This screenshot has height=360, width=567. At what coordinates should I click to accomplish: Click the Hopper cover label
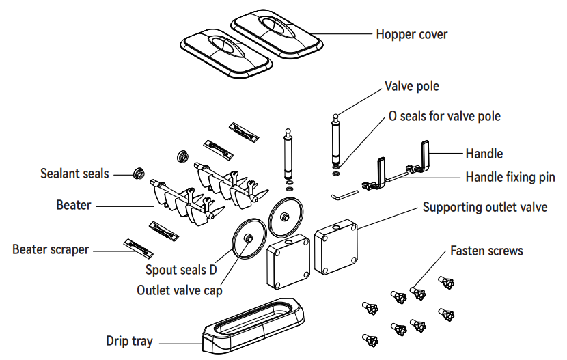click(x=411, y=33)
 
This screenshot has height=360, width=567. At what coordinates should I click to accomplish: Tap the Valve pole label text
click(x=411, y=86)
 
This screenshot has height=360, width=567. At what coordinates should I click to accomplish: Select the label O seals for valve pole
click(x=444, y=116)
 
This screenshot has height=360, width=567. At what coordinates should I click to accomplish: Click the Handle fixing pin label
click(x=510, y=177)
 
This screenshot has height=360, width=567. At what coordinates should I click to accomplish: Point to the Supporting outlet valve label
click(x=484, y=207)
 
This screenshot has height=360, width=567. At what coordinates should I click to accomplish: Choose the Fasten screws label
click(x=486, y=251)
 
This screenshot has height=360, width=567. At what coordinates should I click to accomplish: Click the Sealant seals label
click(x=74, y=174)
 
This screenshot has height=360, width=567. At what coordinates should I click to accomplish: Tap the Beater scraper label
click(x=51, y=249)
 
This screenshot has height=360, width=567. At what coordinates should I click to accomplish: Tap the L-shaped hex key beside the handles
click(x=344, y=195)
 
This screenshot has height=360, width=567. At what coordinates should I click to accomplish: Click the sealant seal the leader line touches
click(x=138, y=174)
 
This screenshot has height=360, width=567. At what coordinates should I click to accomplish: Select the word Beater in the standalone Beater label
click(x=74, y=204)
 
